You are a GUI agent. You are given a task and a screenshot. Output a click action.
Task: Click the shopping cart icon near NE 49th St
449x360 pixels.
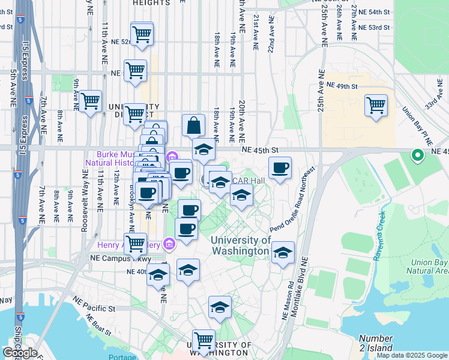click(x=376, y=106)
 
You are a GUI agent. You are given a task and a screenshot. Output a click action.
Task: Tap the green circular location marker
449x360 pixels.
click(x=418, y=156)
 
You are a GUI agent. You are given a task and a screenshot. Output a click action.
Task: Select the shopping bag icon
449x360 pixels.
click(x=193, y=126)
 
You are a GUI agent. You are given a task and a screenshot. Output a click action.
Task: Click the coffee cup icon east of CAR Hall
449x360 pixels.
click(x=279, y=169)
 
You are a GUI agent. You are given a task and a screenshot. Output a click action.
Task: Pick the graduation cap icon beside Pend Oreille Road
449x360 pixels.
click(x=283, y=253)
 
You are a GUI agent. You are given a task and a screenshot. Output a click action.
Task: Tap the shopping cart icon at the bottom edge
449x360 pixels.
click(x=204, y=341)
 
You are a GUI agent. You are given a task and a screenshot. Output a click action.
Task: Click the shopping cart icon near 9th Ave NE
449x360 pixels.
click(x=90, y=102)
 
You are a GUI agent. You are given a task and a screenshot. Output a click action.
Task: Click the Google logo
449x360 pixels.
click(x=20, y=352)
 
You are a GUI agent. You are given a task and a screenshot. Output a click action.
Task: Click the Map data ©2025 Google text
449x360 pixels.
click(x=411, y=355)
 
